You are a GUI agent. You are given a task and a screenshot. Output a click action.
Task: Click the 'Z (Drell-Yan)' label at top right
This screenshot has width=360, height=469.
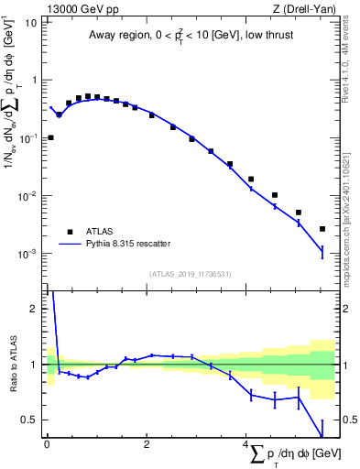coord(308,8)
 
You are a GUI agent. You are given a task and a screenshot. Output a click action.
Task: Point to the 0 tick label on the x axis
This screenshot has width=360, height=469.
coord(47,444)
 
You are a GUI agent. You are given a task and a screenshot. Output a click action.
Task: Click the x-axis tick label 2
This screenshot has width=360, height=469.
coord(147,444)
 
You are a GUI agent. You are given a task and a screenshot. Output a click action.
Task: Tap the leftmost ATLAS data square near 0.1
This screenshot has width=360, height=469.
coord(50,137)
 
